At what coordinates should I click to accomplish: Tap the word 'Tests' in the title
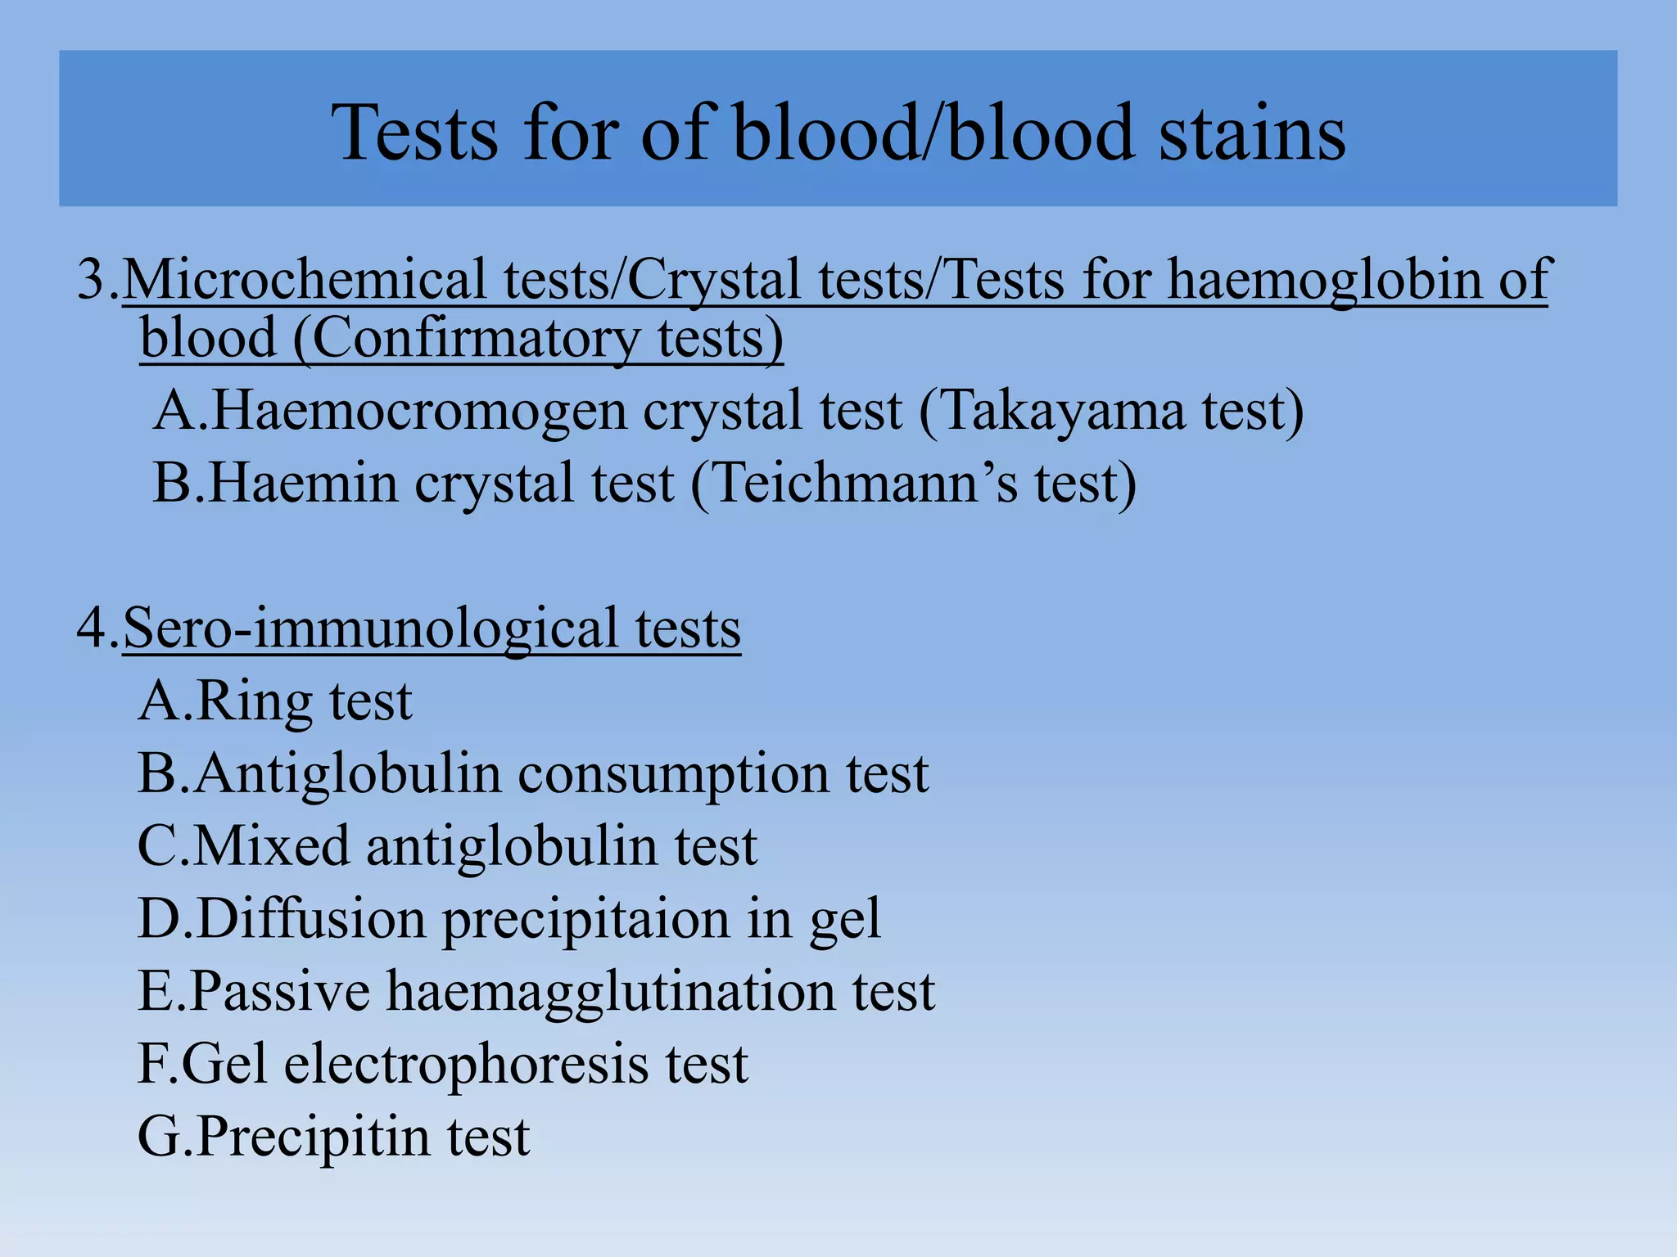coord(414,133)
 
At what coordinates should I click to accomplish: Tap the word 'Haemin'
coord(303,482)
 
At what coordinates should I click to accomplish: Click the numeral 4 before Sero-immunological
coord(92,628)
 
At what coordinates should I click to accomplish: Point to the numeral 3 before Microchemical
coord(92,279)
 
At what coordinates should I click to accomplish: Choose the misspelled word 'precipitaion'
coord(586,918)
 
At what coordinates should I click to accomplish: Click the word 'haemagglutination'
coord(611,991)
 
